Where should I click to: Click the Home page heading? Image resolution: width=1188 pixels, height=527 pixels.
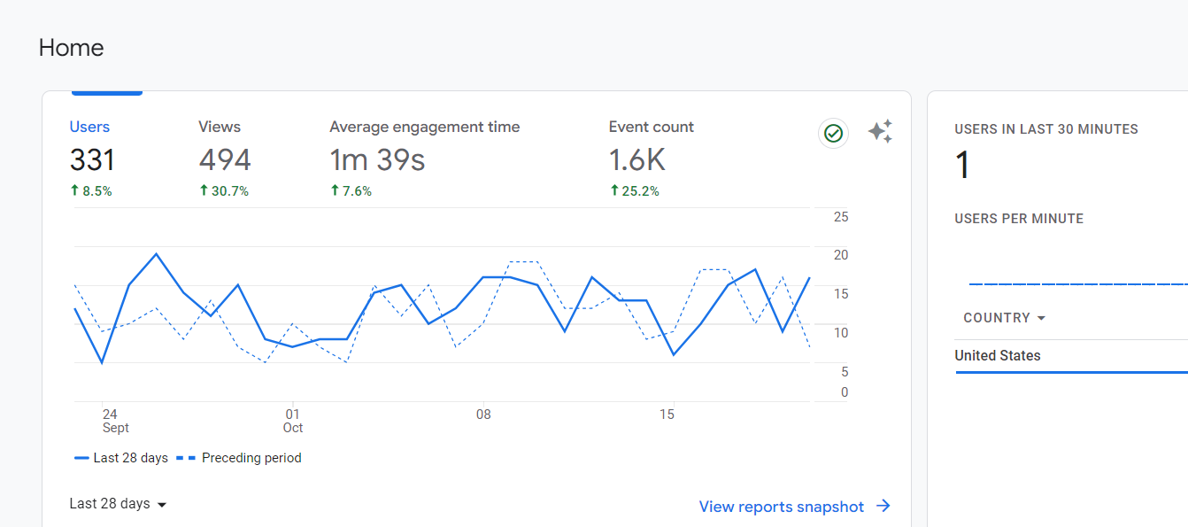(71, 48)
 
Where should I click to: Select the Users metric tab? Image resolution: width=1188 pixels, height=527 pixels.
(89, 127)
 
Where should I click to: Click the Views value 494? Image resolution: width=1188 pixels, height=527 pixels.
(225, 159)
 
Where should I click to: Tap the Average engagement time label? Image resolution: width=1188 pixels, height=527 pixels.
(424, 127)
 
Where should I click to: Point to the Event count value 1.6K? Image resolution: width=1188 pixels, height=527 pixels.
(636, 159)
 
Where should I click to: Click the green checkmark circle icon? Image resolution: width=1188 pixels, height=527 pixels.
(833, 133)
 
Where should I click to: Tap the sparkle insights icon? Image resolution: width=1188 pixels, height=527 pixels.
(881, 131)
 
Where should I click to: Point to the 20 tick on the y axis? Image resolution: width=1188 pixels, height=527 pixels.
(841, 255)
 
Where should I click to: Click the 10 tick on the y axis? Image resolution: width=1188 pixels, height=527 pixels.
(841, 333)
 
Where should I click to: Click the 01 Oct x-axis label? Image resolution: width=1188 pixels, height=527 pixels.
(293, 421)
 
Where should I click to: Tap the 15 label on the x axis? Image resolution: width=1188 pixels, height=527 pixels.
(667, 415)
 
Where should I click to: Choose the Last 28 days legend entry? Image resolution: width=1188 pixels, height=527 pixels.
(121, 458)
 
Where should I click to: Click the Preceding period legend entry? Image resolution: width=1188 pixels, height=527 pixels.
(239, 458)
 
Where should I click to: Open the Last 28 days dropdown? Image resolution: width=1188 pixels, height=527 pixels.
(118, 504)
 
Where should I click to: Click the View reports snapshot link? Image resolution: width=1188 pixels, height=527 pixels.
(794, 507)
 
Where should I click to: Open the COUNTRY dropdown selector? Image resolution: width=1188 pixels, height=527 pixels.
(1004, 318)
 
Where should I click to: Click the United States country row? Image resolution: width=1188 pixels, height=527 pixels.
(998, 355)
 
